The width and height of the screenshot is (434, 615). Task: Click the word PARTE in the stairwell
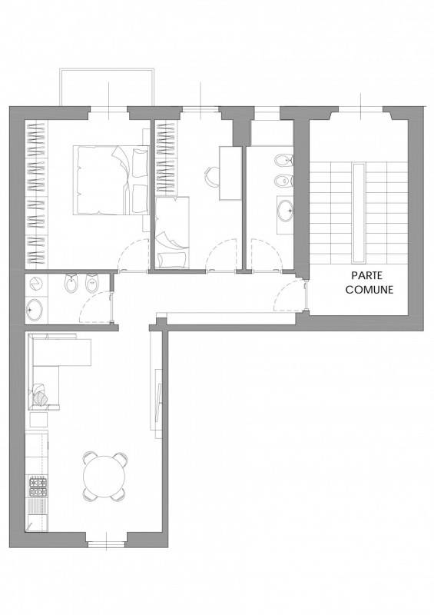tap(366, 275)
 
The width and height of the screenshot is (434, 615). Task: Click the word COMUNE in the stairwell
tap(369, 290)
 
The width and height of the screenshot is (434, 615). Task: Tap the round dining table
tap(104, 476)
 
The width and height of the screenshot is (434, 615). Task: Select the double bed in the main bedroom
tap(111, 180)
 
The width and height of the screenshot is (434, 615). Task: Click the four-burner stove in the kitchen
tap(38, 487)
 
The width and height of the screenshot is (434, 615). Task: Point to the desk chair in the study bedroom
tap(212, 175)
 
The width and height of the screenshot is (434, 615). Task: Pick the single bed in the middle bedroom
tap(172, 232)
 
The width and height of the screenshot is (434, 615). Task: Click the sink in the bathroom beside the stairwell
tap(285, 211)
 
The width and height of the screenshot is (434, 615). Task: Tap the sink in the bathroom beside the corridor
tap(35, 310)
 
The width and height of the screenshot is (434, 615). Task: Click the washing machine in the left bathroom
tap(36, 284)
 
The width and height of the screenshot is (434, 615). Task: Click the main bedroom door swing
tap(134, 255)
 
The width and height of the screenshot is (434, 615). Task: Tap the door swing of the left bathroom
tap(96, 307)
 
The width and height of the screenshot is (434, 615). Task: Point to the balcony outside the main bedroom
tap(107, 88)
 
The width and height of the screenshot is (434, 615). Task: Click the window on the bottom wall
tap(106, 544)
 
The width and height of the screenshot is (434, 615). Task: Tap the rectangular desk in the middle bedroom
tap(230, 173)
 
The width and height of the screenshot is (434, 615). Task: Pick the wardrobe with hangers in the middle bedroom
tap(166, 158)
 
